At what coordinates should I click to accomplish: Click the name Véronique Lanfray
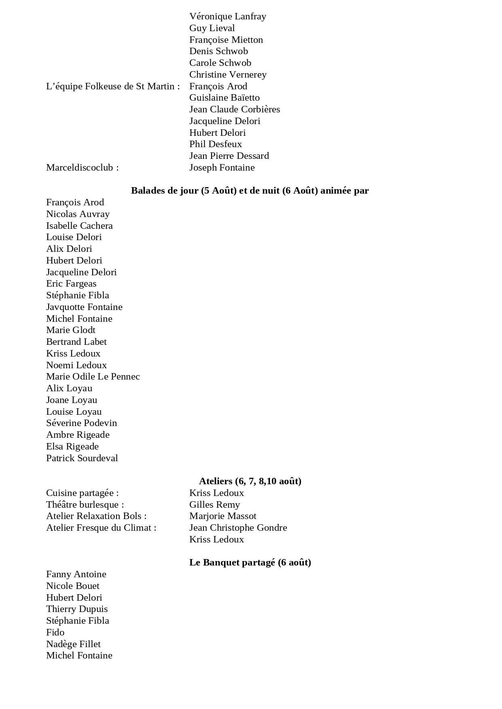(x=227, y=17)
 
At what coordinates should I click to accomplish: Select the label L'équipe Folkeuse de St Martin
(x=113, y=87)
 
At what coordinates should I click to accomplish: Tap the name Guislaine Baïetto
(x=225, y=98)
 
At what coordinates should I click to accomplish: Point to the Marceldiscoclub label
(x=83, y=168)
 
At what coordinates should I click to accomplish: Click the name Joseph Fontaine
(x=222, y=168)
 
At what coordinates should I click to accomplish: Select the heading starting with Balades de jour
(x=250, y=191)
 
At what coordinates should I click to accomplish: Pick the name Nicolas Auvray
(x=78, y=214)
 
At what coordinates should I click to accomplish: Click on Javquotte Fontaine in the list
(x=84, y=307)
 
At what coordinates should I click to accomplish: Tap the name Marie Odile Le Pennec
(x=93, y=377)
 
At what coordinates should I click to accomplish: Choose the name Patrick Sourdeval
(x=82, y=458)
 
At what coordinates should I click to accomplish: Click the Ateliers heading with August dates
(x=250, y=481)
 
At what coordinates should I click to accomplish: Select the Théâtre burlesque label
(x=85, y=505)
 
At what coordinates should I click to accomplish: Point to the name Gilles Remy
(x=214, y=505)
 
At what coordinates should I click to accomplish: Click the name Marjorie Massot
(x=222, y=516)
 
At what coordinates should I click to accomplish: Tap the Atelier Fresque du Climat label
(x=101, y=528)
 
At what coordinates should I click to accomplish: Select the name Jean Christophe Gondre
(x=238, y=528)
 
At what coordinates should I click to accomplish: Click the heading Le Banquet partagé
(x=250, y=563)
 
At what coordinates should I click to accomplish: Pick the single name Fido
(x=55, y=633)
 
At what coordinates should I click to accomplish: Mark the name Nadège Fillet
(x=73, y=644)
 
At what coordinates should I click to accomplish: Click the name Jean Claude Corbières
(x=234, y=110)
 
